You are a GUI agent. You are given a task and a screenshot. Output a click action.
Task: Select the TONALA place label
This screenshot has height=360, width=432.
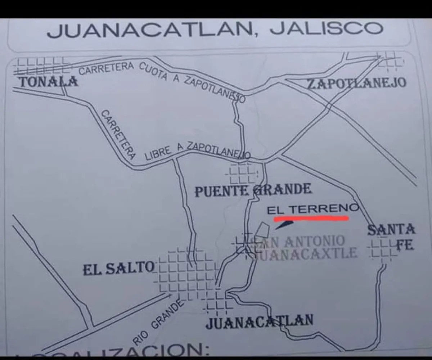coord(48,82)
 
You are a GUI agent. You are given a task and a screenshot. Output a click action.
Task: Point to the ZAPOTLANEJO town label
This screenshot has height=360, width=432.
coord(356,83)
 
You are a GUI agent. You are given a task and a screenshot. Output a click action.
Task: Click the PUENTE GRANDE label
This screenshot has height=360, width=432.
coord(253,190)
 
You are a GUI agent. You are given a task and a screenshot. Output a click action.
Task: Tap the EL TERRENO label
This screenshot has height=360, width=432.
coord(313,209)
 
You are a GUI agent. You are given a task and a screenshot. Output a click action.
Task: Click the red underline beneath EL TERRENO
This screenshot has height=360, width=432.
coord(311,218)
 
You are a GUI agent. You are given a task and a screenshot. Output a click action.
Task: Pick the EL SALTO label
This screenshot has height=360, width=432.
coord(118,268)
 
